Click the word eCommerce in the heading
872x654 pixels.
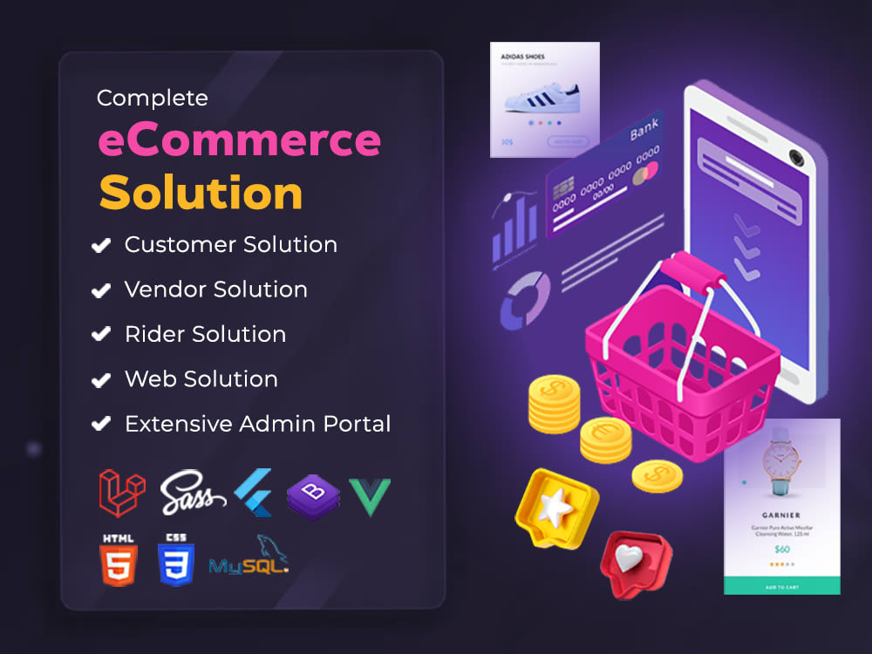tap(239, 140)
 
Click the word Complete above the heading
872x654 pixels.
tap(153, 98)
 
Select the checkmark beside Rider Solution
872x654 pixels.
tap(101, 335)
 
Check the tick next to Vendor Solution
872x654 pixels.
tap(101, 290)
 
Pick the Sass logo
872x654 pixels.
tap(193, 493)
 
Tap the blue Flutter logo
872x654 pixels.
tap(255, 493)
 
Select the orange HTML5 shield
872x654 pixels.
tap(119, 562)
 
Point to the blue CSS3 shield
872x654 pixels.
tap(175, 562)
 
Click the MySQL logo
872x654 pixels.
tap(249, 558)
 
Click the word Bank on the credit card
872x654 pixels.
tap(644, 131)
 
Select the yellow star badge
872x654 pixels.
tap(554, 507)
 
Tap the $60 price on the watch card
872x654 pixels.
tap(781, 548)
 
